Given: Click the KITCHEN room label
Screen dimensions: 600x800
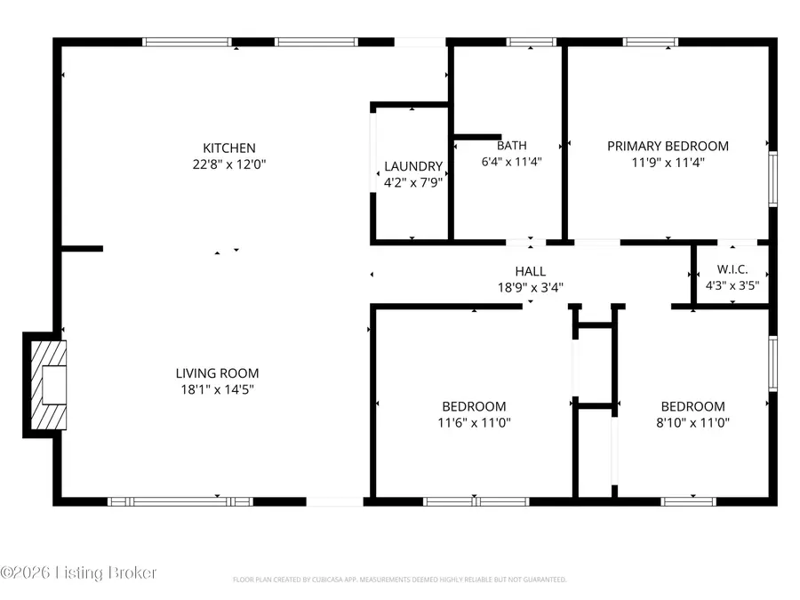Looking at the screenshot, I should point(229,148).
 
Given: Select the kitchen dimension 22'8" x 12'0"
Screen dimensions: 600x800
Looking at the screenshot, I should point(229,164).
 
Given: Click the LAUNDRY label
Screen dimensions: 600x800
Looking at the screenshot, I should point(413,166).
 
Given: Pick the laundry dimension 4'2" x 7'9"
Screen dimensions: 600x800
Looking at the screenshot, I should point(413,181).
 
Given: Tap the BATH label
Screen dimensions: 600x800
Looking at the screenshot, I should point(511,146).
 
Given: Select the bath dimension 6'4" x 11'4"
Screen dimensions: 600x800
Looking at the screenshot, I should point(511,162).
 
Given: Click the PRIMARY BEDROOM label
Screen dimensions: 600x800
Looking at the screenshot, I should point(668,146).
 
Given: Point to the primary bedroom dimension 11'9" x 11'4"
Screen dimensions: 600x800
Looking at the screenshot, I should point(668,162).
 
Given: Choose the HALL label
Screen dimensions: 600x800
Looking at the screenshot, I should point(530,271).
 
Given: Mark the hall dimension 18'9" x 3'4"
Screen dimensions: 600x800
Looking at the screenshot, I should point(530,287).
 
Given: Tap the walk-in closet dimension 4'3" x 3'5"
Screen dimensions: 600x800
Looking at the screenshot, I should point(731,286).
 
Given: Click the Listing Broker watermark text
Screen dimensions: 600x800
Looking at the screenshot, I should point(79,572).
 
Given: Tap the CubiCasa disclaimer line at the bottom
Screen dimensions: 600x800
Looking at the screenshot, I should point(399,580).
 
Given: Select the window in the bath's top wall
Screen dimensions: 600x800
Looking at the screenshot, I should point(532,41).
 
